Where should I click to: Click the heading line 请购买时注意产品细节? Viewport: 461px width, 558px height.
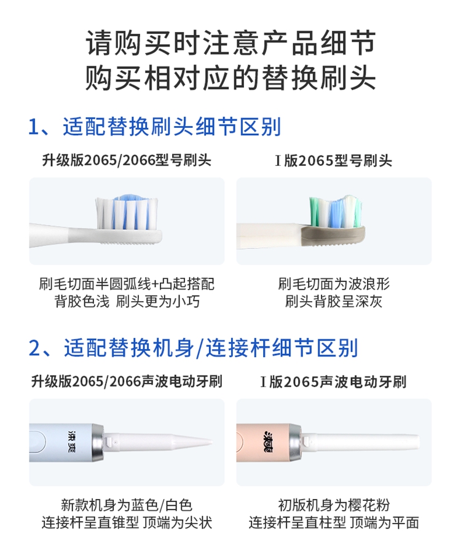(x=230, y=43)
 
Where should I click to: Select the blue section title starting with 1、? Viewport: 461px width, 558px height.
(x=155, y=127)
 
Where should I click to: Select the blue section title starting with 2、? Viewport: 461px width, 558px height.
(x=193, y=348)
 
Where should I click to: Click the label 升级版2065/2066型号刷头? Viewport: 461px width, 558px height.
(x=127, y=160)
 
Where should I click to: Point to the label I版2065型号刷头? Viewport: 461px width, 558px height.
(x=334, y=161)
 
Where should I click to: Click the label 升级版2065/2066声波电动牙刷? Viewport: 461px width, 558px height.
(x=127, y=382)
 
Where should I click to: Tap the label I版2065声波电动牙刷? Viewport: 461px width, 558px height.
(x=334, y=382)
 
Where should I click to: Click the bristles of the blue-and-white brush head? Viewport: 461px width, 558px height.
(x=126, y=211)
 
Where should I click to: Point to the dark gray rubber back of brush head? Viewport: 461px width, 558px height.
(x=333, y=235)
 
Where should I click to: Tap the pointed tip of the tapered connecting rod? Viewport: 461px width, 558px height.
(x=211, y=442)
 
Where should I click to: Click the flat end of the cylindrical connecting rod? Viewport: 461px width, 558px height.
(x=418, y=442)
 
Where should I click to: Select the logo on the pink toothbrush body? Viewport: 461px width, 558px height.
(x=267, y=442)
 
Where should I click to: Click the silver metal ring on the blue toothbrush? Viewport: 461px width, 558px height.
(x=97, y=442)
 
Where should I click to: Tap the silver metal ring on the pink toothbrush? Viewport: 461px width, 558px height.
(x=295, y=442)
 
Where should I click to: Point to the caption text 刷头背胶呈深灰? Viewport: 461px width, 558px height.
(x=334, y=302)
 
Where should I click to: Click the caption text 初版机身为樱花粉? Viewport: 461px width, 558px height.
(x=334, y=505)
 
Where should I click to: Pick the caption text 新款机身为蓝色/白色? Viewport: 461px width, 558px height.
(x=127, y=505)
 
